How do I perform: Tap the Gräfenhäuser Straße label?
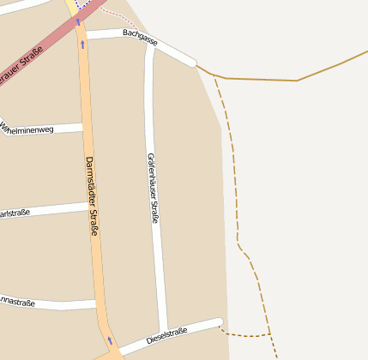tap(153, 188)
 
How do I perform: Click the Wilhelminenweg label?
tap(27, 129)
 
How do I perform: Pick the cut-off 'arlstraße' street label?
tap(15, 213)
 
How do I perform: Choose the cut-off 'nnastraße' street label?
tap(17, 303)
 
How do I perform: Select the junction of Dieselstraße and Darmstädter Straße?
tap(112, 351)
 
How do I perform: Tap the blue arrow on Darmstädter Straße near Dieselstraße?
tap(109, 340)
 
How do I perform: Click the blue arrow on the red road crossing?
tap(77, 21)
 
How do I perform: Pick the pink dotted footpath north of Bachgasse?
tap(120, 18)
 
